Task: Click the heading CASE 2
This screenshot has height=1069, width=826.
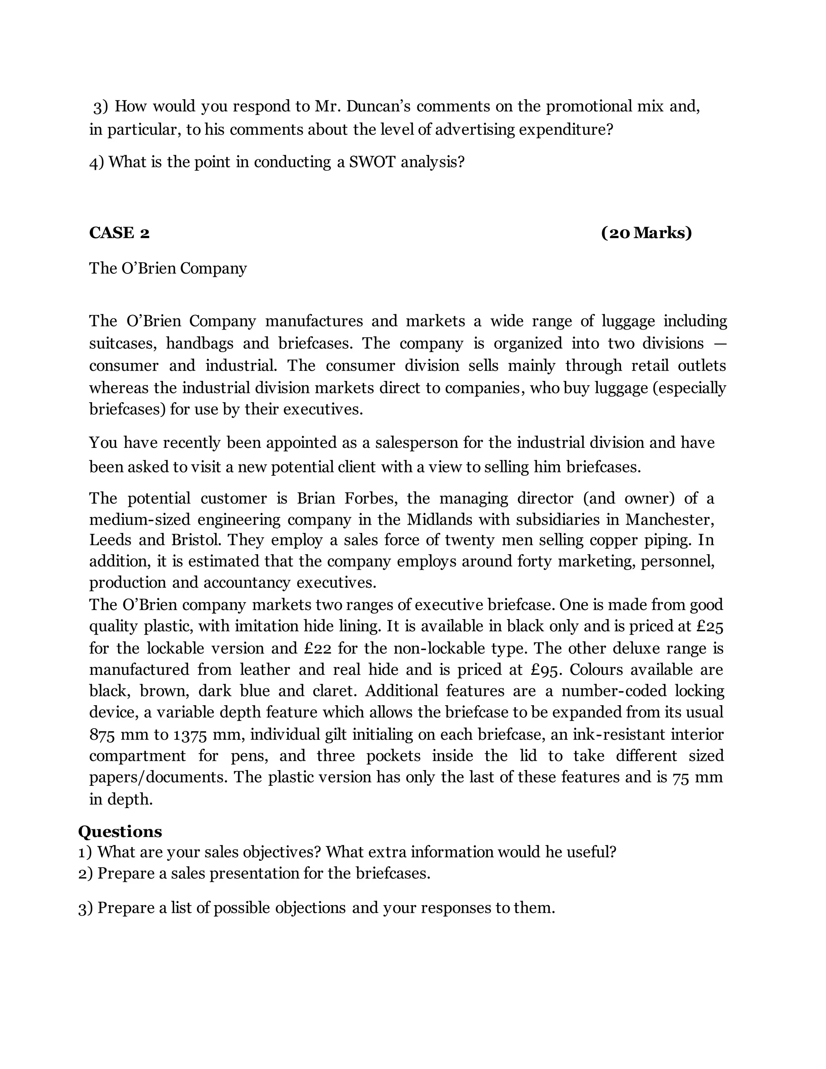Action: click(119, 233)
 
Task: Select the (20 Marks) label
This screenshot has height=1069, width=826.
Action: click(646, 233)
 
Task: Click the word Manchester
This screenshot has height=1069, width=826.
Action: click(669, 519)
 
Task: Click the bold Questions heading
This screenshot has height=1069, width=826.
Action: click(120, 832)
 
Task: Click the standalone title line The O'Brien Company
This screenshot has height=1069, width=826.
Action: click(168, 268)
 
